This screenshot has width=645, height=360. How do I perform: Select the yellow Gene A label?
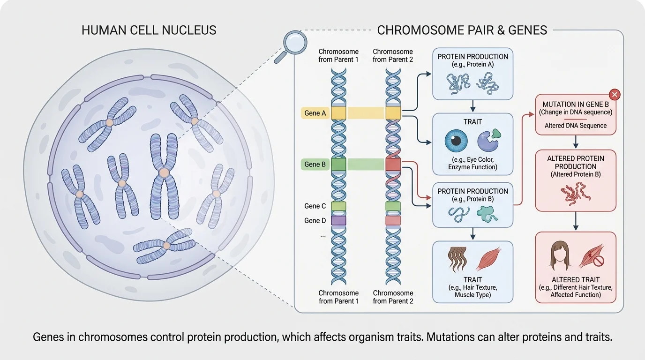click(x=315, y=113)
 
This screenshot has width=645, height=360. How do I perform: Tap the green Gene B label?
click(x=315, y=165)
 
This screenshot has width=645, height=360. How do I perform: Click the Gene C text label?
click(x=315, y=206)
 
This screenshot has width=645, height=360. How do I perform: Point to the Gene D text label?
click(x=315, y=220)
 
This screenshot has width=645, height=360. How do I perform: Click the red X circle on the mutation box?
click(x=615, y=95)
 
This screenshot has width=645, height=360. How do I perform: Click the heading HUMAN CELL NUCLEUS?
click(x=149, y=30)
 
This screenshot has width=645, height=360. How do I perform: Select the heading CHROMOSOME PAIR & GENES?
click(x=462, y=30)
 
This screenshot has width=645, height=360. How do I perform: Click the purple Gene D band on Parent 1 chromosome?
click(x=338, y=220)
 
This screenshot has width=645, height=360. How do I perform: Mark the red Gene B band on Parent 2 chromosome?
click(x=393, y=165)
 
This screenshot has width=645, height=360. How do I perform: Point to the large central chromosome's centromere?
click(x=164, y=173)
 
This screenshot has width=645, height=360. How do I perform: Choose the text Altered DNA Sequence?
click(x=575, y=126)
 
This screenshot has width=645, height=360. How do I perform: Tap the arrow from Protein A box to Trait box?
click(x=472, y=106)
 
